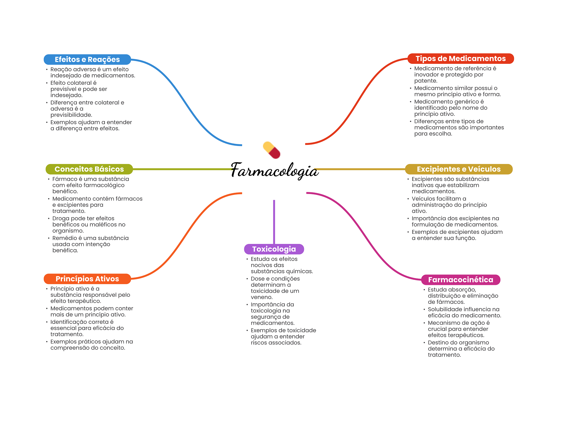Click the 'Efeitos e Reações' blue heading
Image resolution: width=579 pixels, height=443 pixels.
(x=87, y=60)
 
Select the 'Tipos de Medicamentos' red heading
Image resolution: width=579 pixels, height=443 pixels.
(x=461, y=59)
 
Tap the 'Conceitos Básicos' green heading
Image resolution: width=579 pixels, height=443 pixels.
(x=89, y=169)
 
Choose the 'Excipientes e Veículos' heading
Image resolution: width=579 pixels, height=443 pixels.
(x=459, y=169)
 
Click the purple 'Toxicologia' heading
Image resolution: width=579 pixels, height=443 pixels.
(x=274, y=249)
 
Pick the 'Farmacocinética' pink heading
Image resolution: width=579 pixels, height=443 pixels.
(x=461, y=280)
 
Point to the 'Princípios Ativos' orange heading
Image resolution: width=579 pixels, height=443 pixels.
(x=87, y=279)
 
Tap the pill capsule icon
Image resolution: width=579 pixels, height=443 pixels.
(x=271, y=150)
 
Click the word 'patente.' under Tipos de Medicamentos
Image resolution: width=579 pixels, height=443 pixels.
(x=425, y=81)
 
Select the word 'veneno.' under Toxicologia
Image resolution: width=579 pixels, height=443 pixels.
(x=262, y=297)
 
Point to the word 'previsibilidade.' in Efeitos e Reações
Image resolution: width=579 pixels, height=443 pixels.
(x=71, y=115)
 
